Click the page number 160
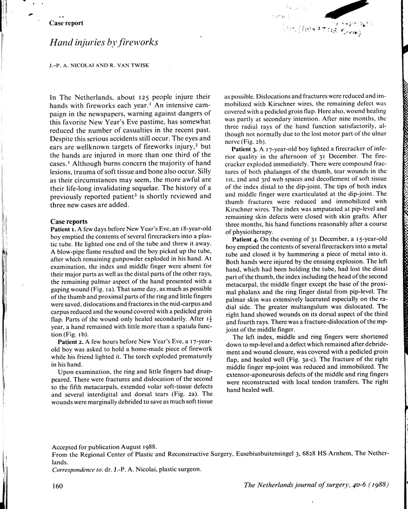tap(57, 487)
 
